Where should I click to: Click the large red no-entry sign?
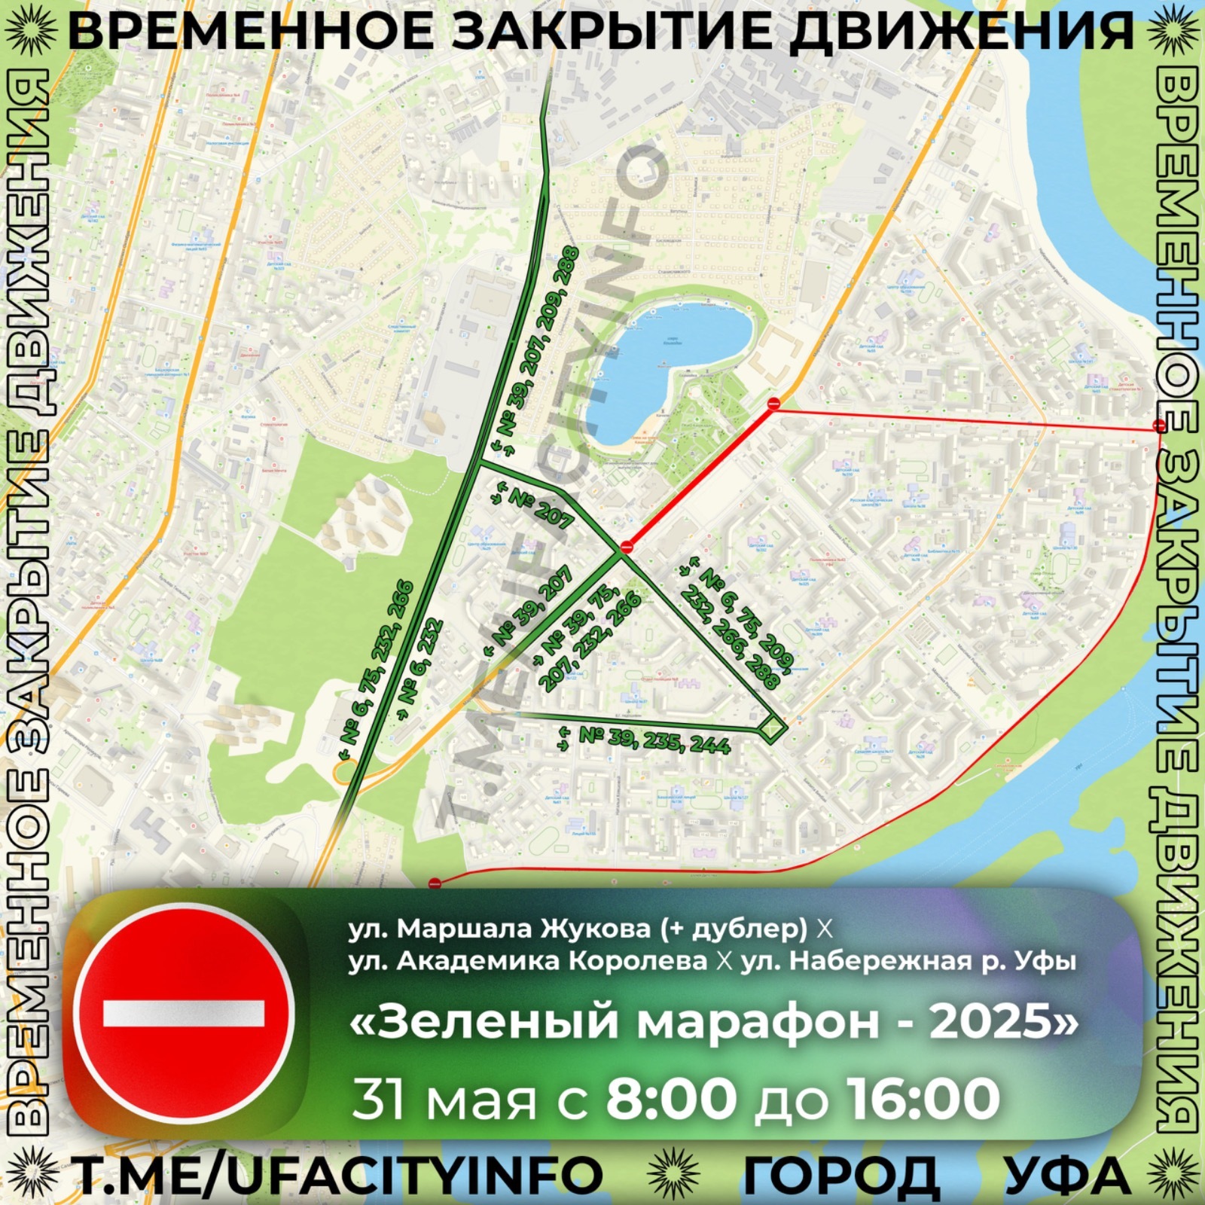[x=184, y=1013]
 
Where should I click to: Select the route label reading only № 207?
[x=541, y=508]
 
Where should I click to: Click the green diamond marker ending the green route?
[x=772, y=728]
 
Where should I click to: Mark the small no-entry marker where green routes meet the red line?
[x=627, y=548]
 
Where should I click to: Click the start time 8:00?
[x=671, y=1100]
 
